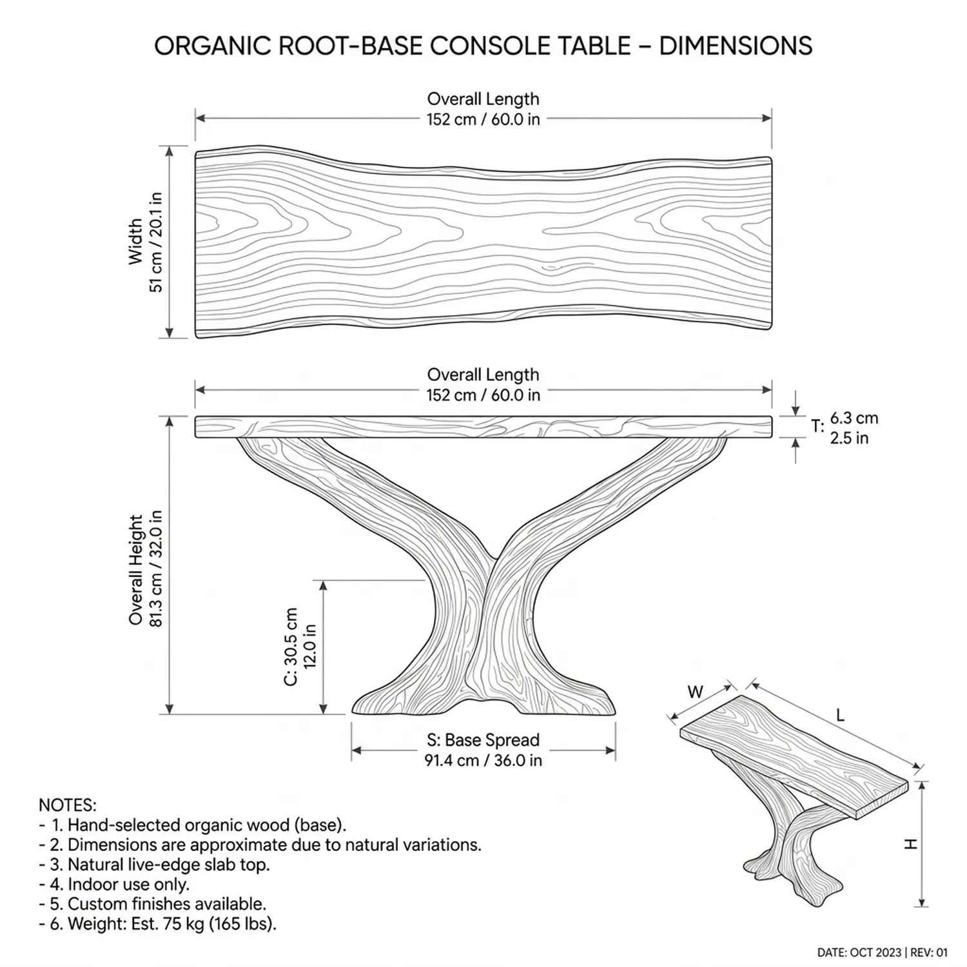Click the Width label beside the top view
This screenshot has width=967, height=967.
tap(135, 241)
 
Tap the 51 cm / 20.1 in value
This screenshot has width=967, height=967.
tap(157, 242)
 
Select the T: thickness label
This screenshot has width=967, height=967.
tap(817, 427)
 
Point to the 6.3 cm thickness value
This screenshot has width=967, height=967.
tap(854, 418)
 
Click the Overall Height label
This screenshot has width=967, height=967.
tap(135, 569)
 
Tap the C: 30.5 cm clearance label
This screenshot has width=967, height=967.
tap(291, 647)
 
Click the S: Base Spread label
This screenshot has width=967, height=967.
tap(483, 740)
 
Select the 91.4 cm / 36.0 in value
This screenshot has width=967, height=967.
tap(483, 760)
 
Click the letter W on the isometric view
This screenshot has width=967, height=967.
tap(695, 692)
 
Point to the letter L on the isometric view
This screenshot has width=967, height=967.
tap(840, 716)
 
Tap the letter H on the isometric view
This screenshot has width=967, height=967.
tap(910, 843)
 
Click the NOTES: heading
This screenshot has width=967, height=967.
tap(68, 805)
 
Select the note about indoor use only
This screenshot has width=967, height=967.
tap(120, 884)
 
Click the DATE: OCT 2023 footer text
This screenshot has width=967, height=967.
tap(859, 952)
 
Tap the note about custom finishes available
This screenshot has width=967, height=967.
tap(158, 904)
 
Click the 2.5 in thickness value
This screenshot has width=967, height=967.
tap(849, 438)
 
